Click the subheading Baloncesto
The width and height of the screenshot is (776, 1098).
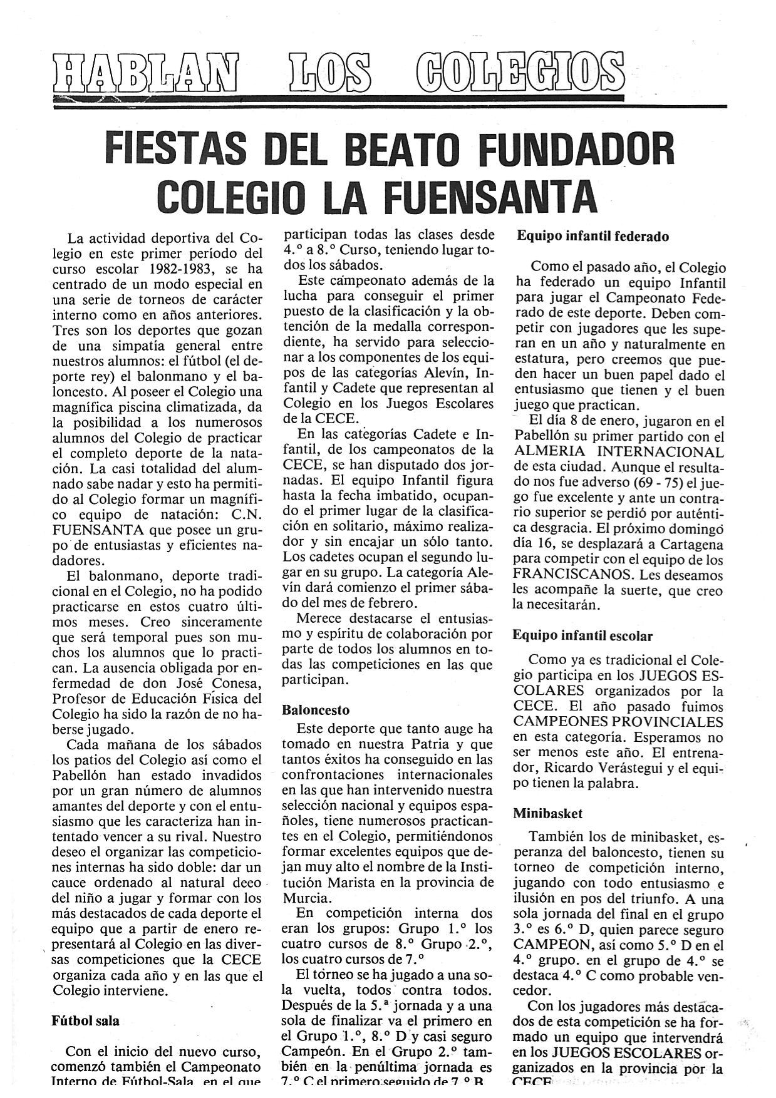coord(316,711)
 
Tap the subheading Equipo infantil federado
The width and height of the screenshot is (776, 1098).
coord(592,236)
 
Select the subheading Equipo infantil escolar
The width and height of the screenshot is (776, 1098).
coord(582,635)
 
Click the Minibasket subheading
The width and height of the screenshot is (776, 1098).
coord(547,814)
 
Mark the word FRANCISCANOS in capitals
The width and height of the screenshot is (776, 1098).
coord(565,575)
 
